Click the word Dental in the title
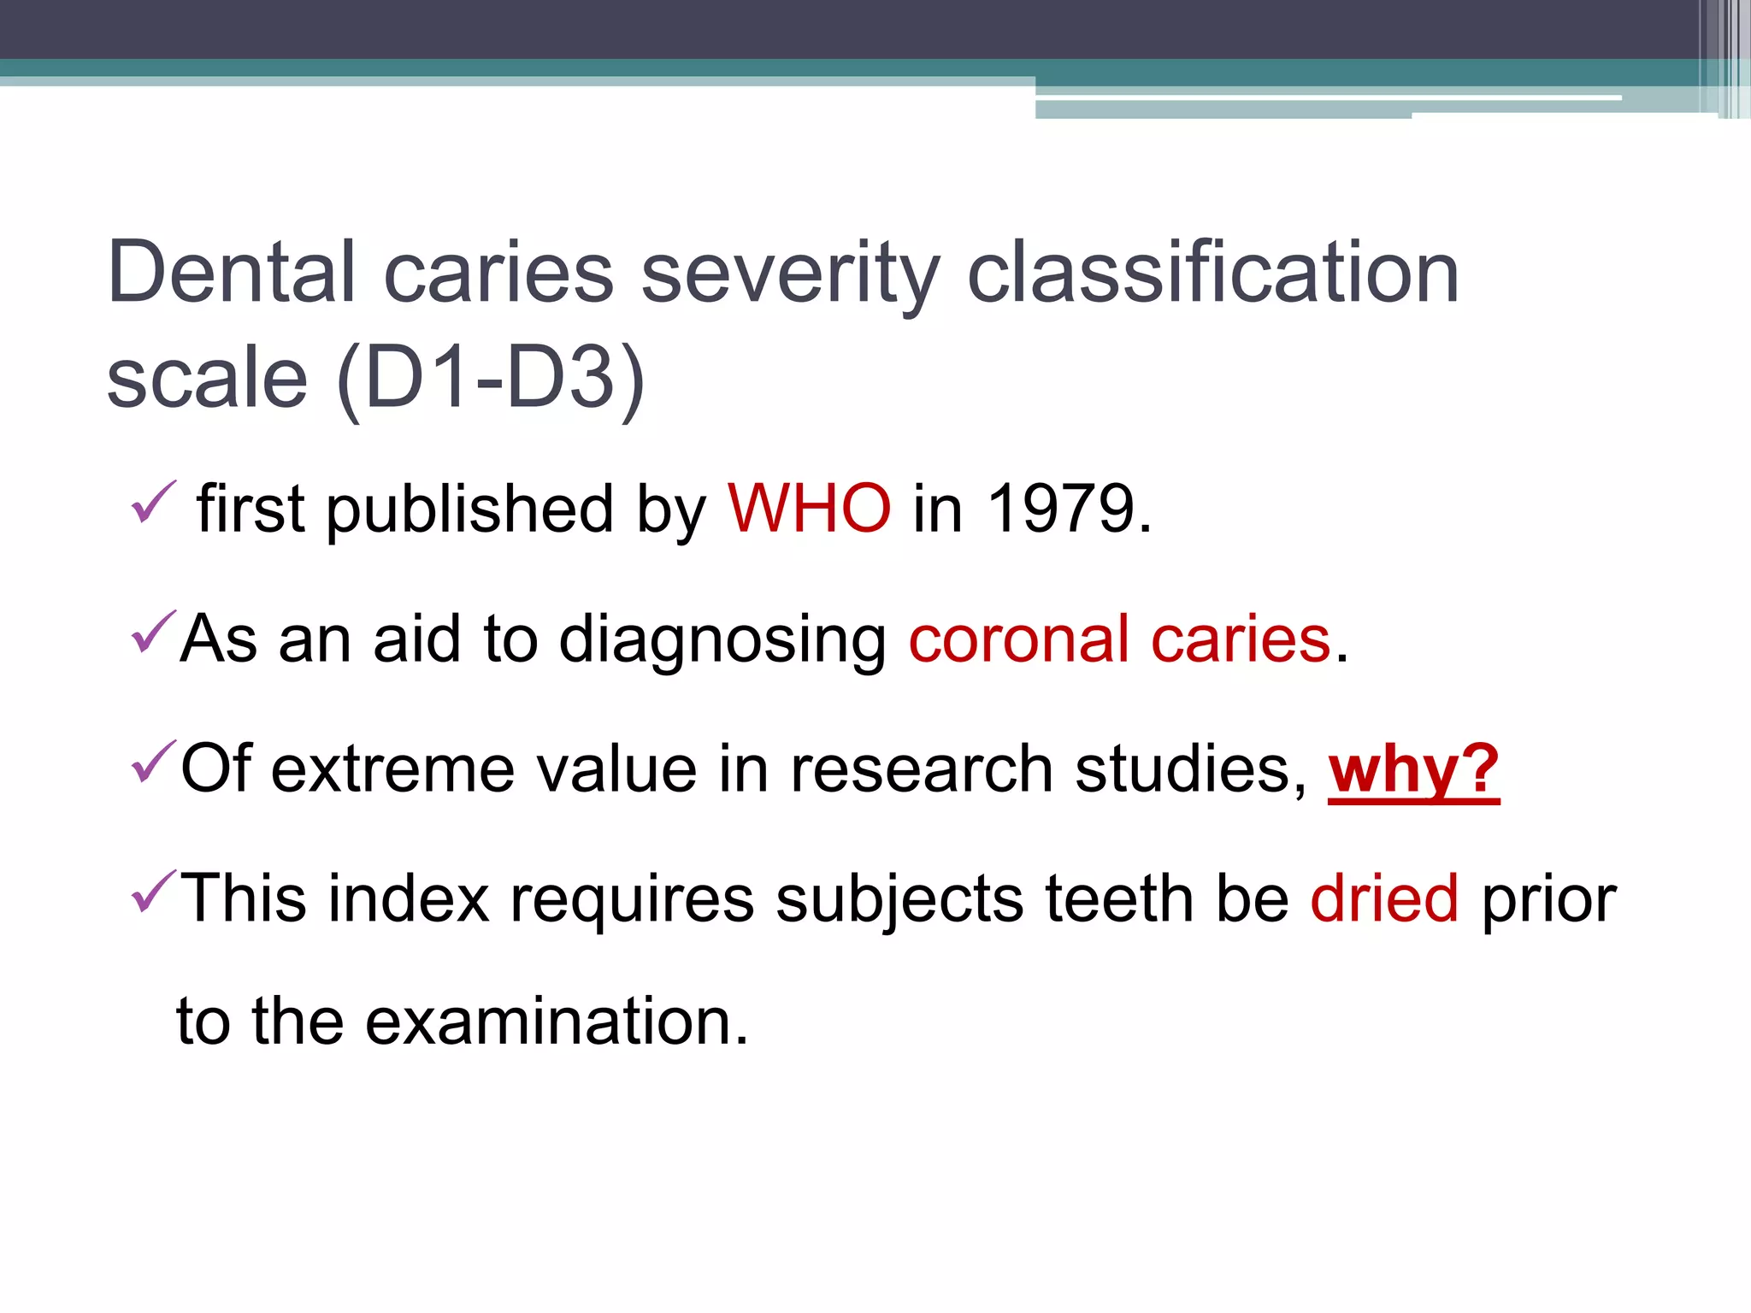pos(231,272)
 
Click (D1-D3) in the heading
pos(491,378)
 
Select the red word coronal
pos(1018,639)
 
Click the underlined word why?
pos(1413,769)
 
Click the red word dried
pos(1384,898)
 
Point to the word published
pos(469,509)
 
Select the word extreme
pos(393,768)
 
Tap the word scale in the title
pos(207,378)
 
